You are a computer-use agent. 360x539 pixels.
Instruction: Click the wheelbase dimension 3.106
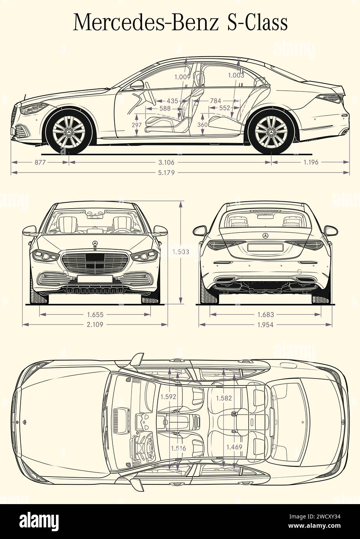click(170, 162)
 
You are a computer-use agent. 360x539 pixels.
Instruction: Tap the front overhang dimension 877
click(40, 162)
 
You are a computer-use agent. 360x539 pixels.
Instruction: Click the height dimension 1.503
click(181, 252)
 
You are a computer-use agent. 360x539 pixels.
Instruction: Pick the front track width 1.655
click(95, 315)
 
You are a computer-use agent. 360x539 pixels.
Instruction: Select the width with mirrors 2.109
click(95, 325)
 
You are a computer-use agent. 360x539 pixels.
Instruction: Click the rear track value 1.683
click(265, 315)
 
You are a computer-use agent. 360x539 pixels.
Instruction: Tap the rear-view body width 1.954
click(265, 325)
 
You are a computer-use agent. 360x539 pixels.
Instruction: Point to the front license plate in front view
click(95, 278)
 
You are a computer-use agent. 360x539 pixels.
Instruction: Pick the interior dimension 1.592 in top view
click(168, 397)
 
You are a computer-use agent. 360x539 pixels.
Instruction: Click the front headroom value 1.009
click(182, 77)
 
